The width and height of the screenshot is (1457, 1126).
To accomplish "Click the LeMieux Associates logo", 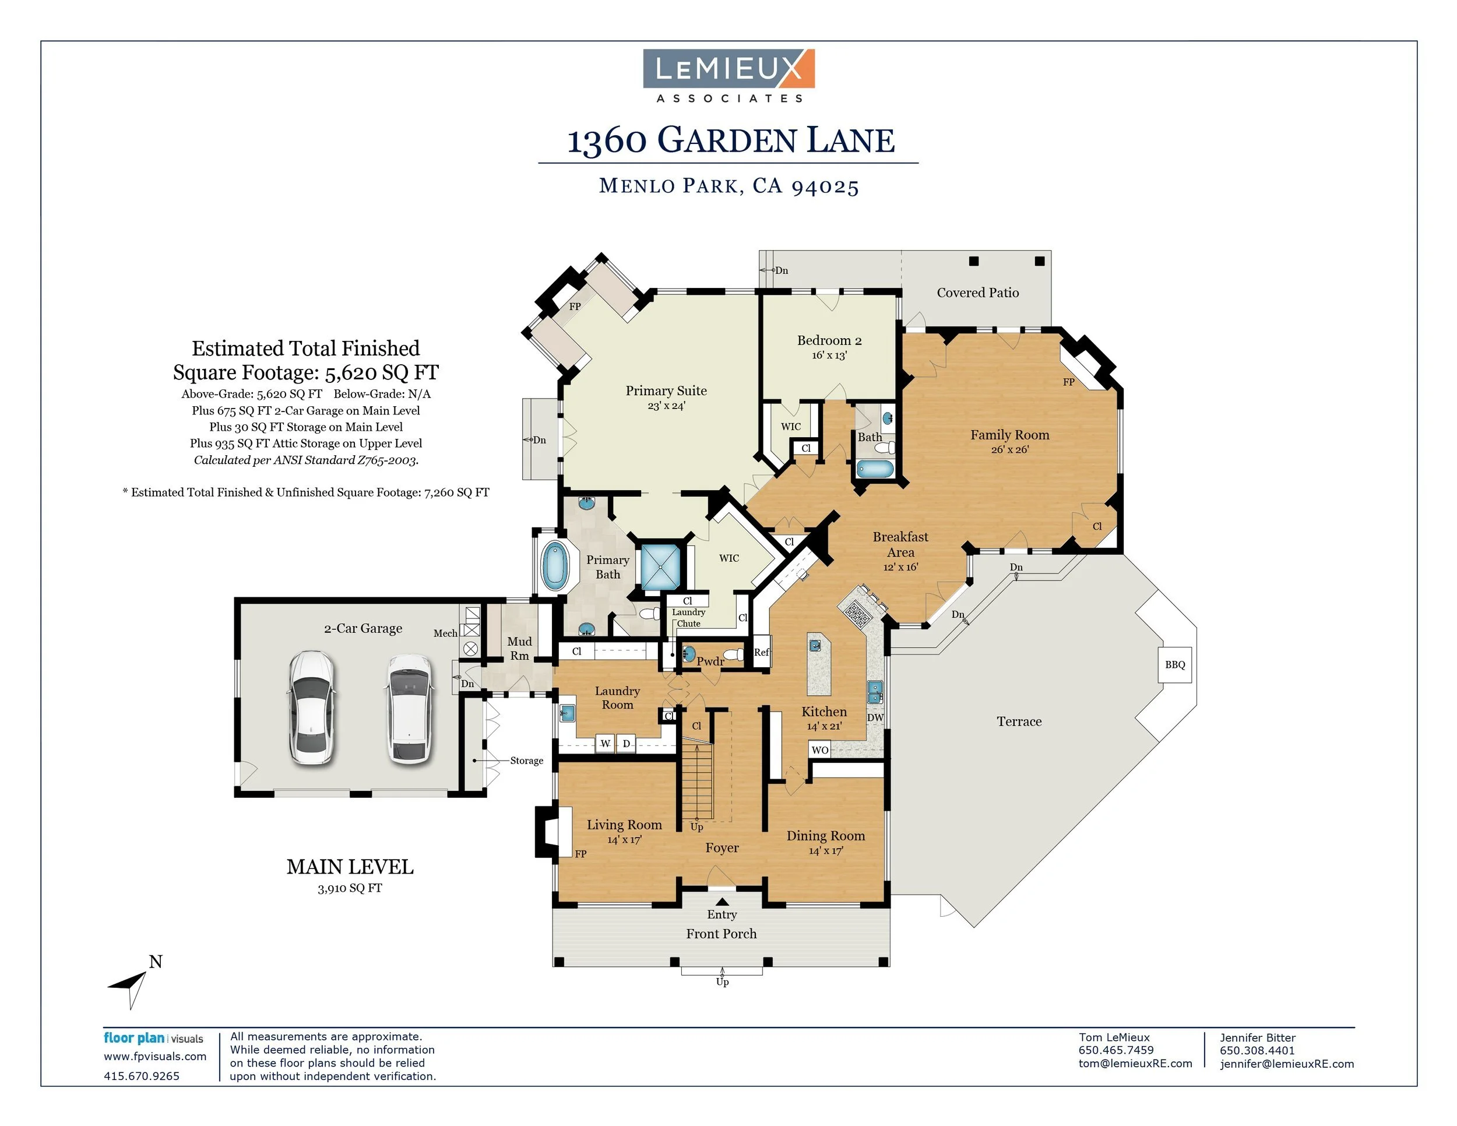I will (728, 75).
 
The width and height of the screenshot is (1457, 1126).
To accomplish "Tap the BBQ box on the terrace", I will (1175, 664).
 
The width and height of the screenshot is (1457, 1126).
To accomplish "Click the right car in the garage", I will (409, 709).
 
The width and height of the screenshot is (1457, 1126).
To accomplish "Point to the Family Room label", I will (1009, 435).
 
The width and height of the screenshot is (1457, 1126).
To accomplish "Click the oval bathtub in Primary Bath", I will (554, 565).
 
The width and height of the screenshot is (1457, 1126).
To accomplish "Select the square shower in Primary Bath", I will (660, 567).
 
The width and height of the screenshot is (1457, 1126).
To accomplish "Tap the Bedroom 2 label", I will (829, 341).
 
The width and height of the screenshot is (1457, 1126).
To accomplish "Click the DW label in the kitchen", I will (875, 718).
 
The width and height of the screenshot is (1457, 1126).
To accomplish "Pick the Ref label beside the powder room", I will (761, 652).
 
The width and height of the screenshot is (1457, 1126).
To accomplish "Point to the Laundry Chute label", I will (688, 618).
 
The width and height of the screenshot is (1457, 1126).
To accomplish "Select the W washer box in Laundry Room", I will (605, 743).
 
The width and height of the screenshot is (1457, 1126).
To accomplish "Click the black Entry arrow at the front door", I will (722, 902).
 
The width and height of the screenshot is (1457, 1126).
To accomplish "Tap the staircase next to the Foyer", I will (697, 780).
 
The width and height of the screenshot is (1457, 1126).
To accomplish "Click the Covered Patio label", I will (977, 293).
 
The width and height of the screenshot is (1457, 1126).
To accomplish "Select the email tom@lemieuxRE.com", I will (1135, 1063).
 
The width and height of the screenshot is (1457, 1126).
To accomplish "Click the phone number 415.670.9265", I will (142, 1076).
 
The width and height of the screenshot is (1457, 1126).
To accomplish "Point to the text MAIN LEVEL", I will (350, 867).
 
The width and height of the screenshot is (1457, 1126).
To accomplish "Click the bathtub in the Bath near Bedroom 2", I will (874, 469).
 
